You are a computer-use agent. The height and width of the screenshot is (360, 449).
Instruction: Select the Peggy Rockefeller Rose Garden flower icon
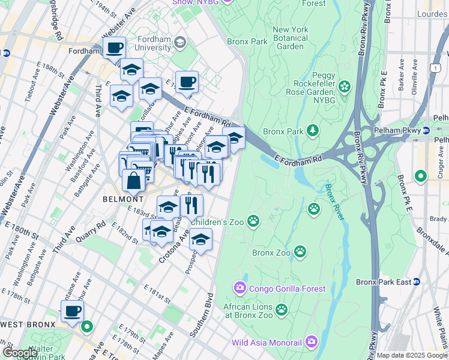pos(344,88)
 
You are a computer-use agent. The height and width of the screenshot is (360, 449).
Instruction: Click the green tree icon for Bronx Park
pos(312,131)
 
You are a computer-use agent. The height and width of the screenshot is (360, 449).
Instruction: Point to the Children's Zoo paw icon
pos(253,221)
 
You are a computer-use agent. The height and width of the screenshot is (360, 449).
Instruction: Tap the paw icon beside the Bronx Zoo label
pos(299,253)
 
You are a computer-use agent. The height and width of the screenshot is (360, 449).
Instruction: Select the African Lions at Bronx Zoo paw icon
pos(281,310)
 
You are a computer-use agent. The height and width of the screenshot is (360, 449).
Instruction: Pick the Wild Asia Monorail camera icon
pos(311,343)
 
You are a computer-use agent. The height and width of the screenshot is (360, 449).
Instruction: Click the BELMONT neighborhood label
pos(122,199)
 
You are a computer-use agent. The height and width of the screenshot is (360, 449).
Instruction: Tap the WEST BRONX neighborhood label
pos(28,324)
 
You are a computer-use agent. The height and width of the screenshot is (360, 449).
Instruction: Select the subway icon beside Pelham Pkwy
pos(426,131)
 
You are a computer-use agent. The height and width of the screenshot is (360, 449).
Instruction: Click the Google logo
pos(20,353)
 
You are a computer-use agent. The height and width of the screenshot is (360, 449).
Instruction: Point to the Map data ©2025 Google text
pos(411,355)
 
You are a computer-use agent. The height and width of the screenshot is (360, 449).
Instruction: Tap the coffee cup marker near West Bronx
pos(72,311)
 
